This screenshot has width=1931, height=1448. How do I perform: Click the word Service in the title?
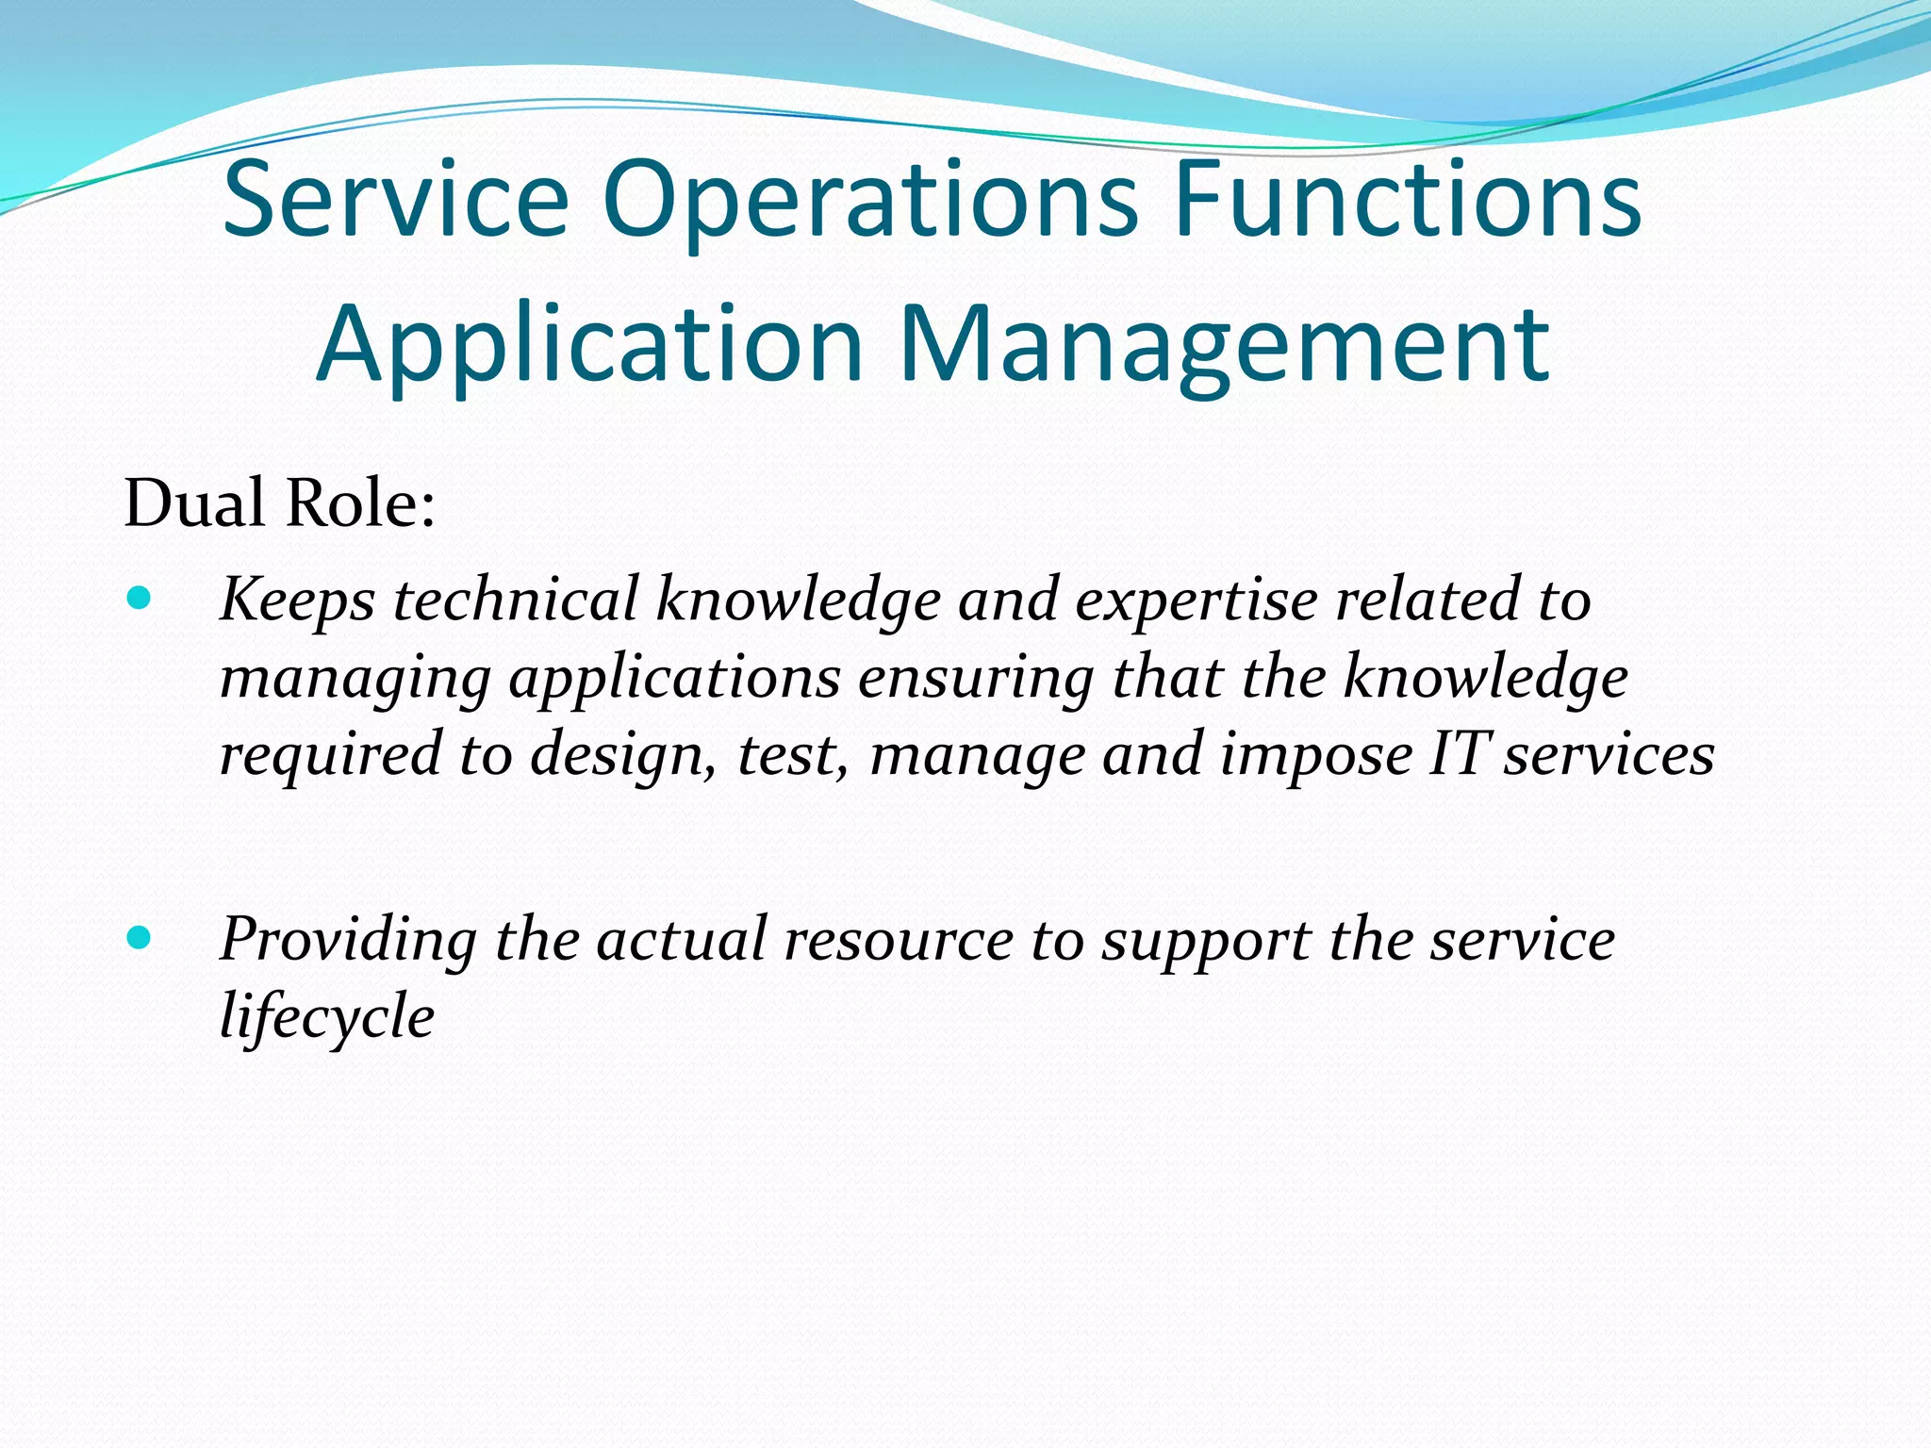(395, 199)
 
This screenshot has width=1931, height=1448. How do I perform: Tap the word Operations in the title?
(870, 201)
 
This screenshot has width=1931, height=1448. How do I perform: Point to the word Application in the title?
(589, 345)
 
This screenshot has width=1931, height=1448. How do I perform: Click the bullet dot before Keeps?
(139, 598)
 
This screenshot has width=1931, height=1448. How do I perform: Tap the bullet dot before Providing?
(139, 937)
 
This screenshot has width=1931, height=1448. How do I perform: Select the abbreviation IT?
(1459, 754)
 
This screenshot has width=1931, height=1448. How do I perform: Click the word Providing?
(349, 941)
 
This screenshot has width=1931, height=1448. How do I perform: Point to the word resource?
(898, 940)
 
